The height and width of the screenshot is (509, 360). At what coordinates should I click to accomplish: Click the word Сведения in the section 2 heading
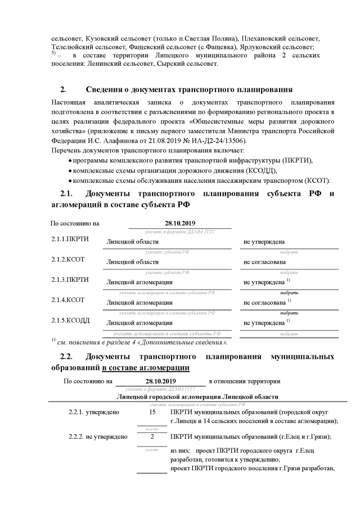point(105,89)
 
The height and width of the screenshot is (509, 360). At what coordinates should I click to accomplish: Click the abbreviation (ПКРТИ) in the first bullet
point(296,160)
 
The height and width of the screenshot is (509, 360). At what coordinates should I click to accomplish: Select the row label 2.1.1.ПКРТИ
point(70,240)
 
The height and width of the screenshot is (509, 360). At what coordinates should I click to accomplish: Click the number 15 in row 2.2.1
point(152,412)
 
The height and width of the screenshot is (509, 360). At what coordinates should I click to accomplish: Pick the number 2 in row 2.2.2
point(152,436)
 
